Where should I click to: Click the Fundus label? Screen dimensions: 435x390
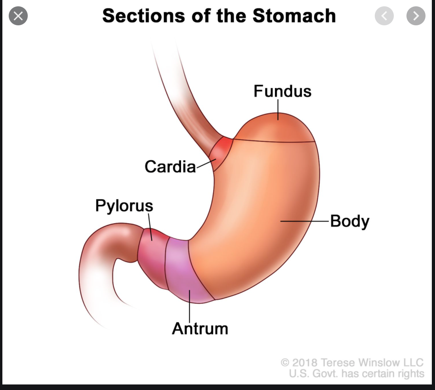point(282,91)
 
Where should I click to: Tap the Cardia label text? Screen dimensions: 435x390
point(170,167)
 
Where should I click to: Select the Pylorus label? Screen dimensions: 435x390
point(124,206)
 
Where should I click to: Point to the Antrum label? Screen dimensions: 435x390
point(200,328)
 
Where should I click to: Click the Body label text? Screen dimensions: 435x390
point(349,221)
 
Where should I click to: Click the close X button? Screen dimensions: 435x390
point(18,16)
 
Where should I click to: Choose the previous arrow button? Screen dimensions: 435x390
point(384,16)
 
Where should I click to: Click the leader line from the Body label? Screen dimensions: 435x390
point(305,221)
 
